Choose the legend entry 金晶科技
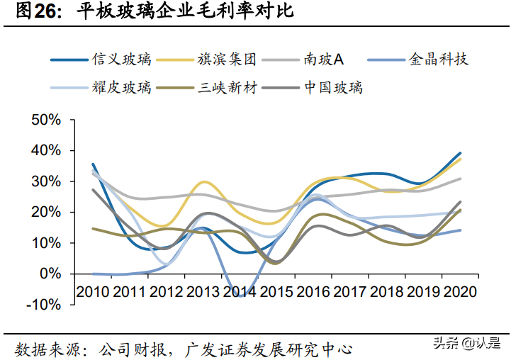point(439,60)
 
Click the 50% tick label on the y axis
point(46,120)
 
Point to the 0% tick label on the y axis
point(52,274)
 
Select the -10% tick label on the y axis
point(44,305)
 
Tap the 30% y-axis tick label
point(46,181)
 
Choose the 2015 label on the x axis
point(277,291)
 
